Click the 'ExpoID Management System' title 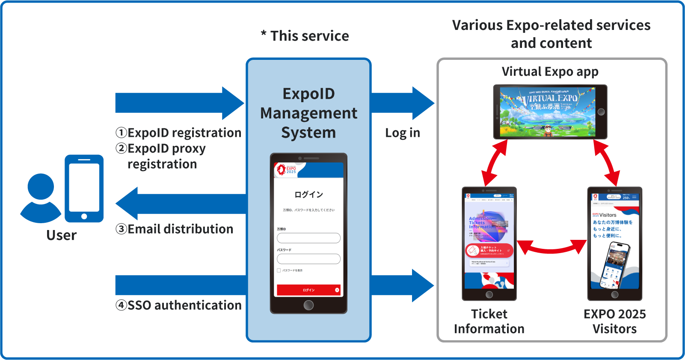[308, 113]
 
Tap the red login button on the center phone [308, 290]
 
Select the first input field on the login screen [308, 238]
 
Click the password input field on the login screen [308, 259]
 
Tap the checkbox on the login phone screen [279, 270]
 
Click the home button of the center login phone [308, 305]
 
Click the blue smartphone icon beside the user [84, 188]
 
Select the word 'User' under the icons [62, 235]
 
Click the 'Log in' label [403, 133]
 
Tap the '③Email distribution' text [175, 229]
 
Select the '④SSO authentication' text [178, 305]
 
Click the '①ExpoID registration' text [178, 133]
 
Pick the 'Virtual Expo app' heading [550, 71]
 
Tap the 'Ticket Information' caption [489, 322]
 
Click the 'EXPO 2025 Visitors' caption [614, 322]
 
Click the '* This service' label [305, 36]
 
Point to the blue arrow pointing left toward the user [180, 204]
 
